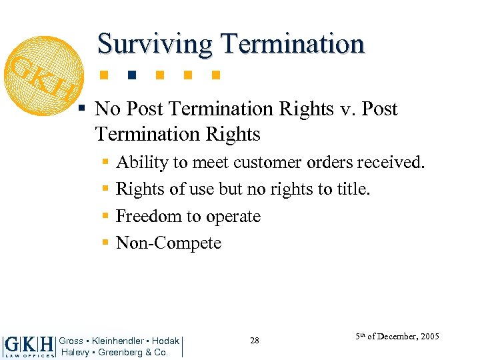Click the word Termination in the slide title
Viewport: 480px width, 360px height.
click(x=293, y=44)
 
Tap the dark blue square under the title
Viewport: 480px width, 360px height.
click(x=131, y=74)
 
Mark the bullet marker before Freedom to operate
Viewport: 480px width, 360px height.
click(x=105, y=217)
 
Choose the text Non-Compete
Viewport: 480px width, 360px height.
click(x=168, y=243)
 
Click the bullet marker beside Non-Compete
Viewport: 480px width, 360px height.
click(x=105, y=243)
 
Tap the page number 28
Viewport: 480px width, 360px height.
click(x=255, y=341)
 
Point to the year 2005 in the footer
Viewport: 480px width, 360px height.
click(x=429, y=337)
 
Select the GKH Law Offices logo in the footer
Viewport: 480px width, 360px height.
click(x=29, y=346)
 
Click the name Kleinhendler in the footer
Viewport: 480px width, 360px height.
click(x=117, y=341)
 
